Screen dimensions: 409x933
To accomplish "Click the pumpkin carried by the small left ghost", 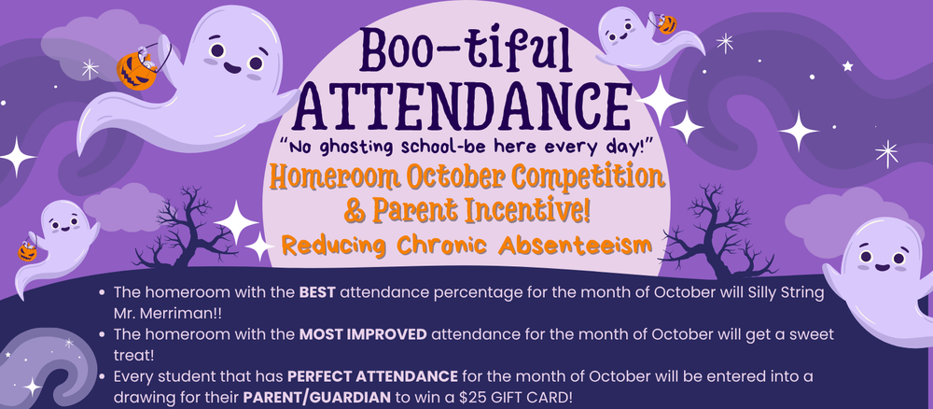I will click(28, 250).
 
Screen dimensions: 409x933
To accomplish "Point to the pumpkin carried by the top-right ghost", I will click(667, 25).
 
